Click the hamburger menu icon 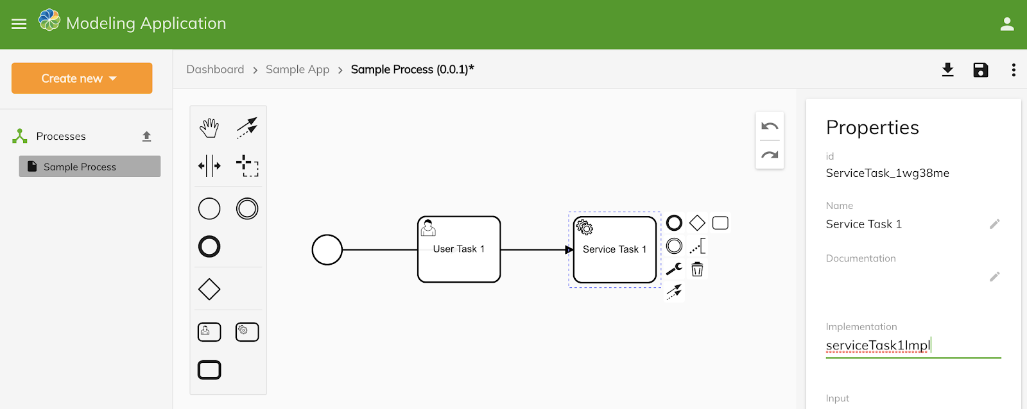pyautogui.click(x=19, y=24)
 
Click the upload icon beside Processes pyautogui.click(x=147, y=136)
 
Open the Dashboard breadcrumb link pyautogui.click(x=215, y=69)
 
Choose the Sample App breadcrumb pyautogui.click(x=298, y=69)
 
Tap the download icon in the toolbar pyautogui.click(x=947, y=70)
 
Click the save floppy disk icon pyautogui.click(x=981, y=70)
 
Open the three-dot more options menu pyautogui.click(x=1014, y=70)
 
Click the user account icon pyautogui.click(x=1007, y=24)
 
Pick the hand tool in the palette pyautogui.click(x=209, y=128)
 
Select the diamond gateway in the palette pyautogui.click(x=209, y=289)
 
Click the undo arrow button pyautogui.click(x=770, y=126)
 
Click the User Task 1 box pyautogui.click(x=459, y=249)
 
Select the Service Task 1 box pyautogui.click(x=615, y=249)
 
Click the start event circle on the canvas pyautogui.click(x=327, y=249)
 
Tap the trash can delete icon pyautogui.click(x=697, y=269)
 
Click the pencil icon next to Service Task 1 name pyautogui.click(x=994, y=224)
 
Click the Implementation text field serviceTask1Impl pyautogui.click(x=913, y=346)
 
